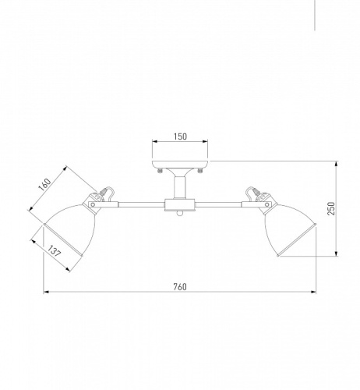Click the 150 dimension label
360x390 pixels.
click(180, 136)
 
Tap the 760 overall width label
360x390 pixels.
click(180, 286)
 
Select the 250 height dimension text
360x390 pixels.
click(331, 208)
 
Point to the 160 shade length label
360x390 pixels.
click(44, 185)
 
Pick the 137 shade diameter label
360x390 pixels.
click(54, 251)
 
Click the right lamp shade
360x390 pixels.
click(290, 229)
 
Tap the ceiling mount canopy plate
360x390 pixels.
click(180, 164)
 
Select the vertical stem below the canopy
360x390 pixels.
click(180, 187)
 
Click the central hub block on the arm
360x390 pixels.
click(180, 205)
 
